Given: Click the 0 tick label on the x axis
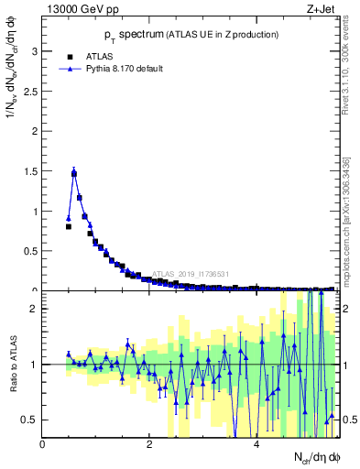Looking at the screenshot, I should point(43,445).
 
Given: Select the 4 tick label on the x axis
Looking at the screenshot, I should point(256,445).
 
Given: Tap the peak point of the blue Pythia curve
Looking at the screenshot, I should point(74,171).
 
